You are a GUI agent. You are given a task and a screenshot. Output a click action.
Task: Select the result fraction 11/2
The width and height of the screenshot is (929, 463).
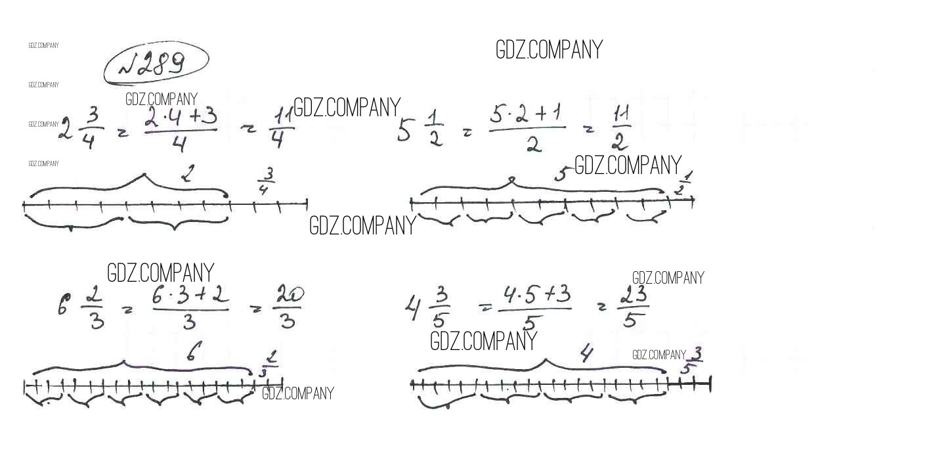[x=621, y=127]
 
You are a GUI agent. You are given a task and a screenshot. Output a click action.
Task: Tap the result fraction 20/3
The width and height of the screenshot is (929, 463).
[x=288, y=306]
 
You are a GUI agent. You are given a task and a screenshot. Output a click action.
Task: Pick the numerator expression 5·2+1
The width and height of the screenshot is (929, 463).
[x=525, y=114]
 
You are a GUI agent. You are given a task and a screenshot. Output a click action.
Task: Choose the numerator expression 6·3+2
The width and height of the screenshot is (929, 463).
[x=190, y=296]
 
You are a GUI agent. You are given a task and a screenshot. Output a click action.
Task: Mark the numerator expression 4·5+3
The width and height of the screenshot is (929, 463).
[x=536, y=296]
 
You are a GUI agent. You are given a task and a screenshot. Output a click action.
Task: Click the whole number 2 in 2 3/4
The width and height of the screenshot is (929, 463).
[x=66, y=128]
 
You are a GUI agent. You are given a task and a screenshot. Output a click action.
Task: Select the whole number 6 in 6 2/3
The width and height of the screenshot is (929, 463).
[x=64, y=305]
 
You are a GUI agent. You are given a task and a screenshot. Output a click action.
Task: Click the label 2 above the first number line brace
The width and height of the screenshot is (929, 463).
[x=188, y=173]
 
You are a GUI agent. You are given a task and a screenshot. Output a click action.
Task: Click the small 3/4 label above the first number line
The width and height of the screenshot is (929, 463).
[x=265, y=181]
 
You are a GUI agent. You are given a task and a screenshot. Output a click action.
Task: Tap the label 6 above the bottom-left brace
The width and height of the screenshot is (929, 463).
[x=193, y=351]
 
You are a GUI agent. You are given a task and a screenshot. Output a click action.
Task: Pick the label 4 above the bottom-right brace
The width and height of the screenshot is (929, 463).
[x=586, y=353]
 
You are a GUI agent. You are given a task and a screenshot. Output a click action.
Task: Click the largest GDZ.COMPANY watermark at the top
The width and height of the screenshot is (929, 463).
[x=549, y=50]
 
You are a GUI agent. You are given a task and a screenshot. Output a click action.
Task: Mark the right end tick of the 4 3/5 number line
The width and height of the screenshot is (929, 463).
[x=710, y=384]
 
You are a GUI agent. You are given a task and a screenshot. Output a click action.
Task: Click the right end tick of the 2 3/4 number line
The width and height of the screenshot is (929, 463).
[x=307, y=204]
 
